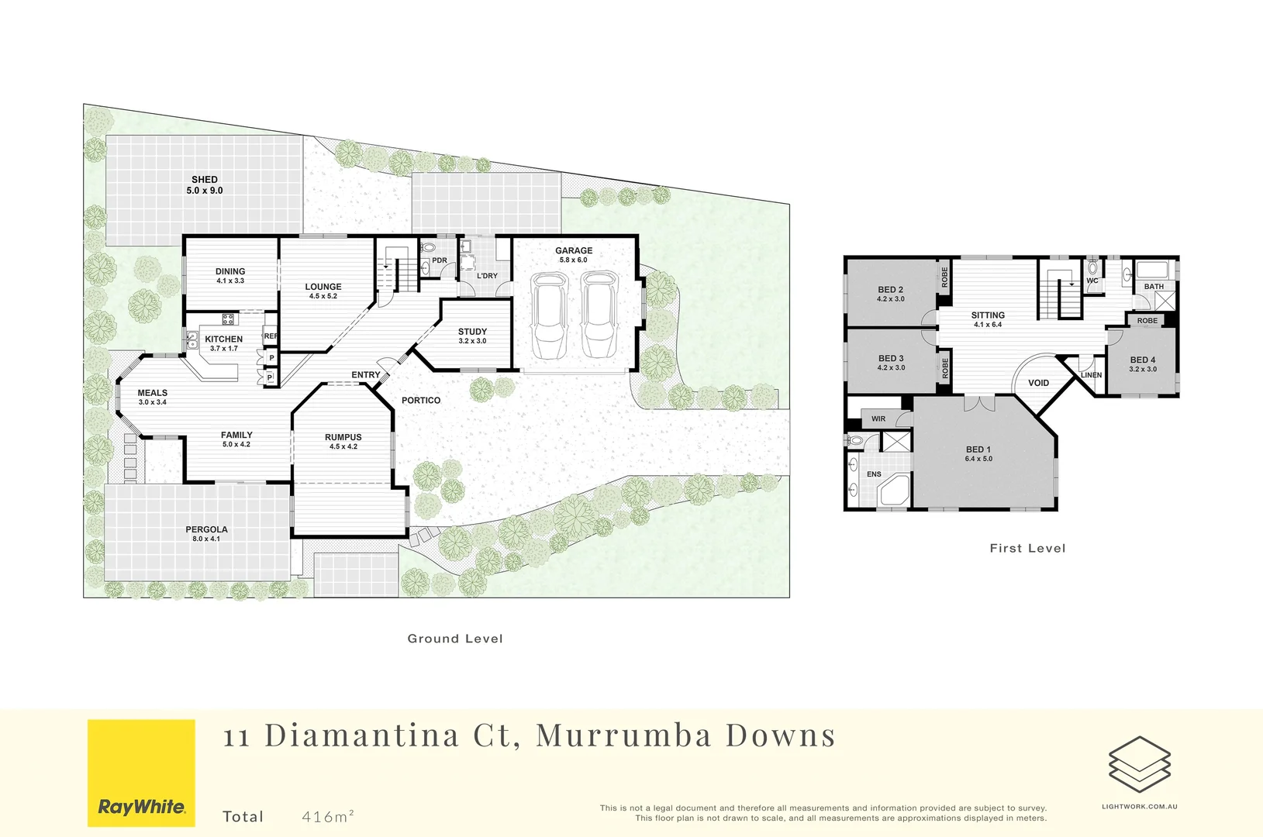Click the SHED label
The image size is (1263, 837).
click(205, 180)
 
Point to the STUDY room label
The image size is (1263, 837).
click(472, 332)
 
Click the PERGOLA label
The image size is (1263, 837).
click(206, 530)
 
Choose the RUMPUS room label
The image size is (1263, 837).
click(343, 437)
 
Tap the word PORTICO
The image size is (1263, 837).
click(421, 401)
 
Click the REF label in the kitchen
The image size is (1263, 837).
click(271, 336)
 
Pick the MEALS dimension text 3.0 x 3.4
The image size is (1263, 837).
click(153, 402)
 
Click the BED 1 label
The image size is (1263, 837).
click(978, 449)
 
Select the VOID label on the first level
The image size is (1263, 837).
click(1038, 383)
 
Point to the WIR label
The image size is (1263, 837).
click(878, 419)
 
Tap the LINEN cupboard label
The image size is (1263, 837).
click(1091, 375)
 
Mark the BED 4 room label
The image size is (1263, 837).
click(1143, 360)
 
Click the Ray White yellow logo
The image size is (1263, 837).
click(141, 773)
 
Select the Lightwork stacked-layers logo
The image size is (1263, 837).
click(1139, 764)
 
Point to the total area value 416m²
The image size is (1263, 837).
click(328, 816)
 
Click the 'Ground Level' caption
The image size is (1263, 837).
click(455, 639)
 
